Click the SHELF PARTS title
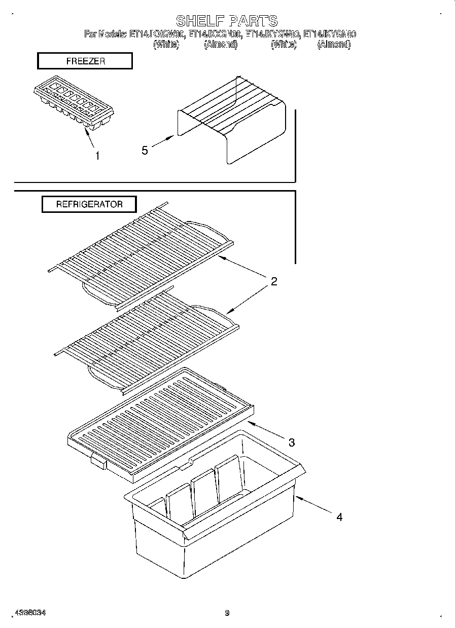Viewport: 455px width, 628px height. point(227,21)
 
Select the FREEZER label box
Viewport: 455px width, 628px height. point(85,61)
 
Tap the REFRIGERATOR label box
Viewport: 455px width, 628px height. point(89,204)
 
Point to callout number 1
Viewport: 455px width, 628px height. point(97,156)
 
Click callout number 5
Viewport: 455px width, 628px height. point(145,150)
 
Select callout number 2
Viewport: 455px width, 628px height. point(274,282)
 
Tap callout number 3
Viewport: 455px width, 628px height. point(291,442)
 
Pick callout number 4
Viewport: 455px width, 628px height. point(339,517)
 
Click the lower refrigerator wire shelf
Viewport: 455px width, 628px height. point(147,340)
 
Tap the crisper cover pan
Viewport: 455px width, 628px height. point(160,423)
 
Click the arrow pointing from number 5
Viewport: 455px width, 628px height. point(163,142)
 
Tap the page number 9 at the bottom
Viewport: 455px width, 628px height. point(227,613)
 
